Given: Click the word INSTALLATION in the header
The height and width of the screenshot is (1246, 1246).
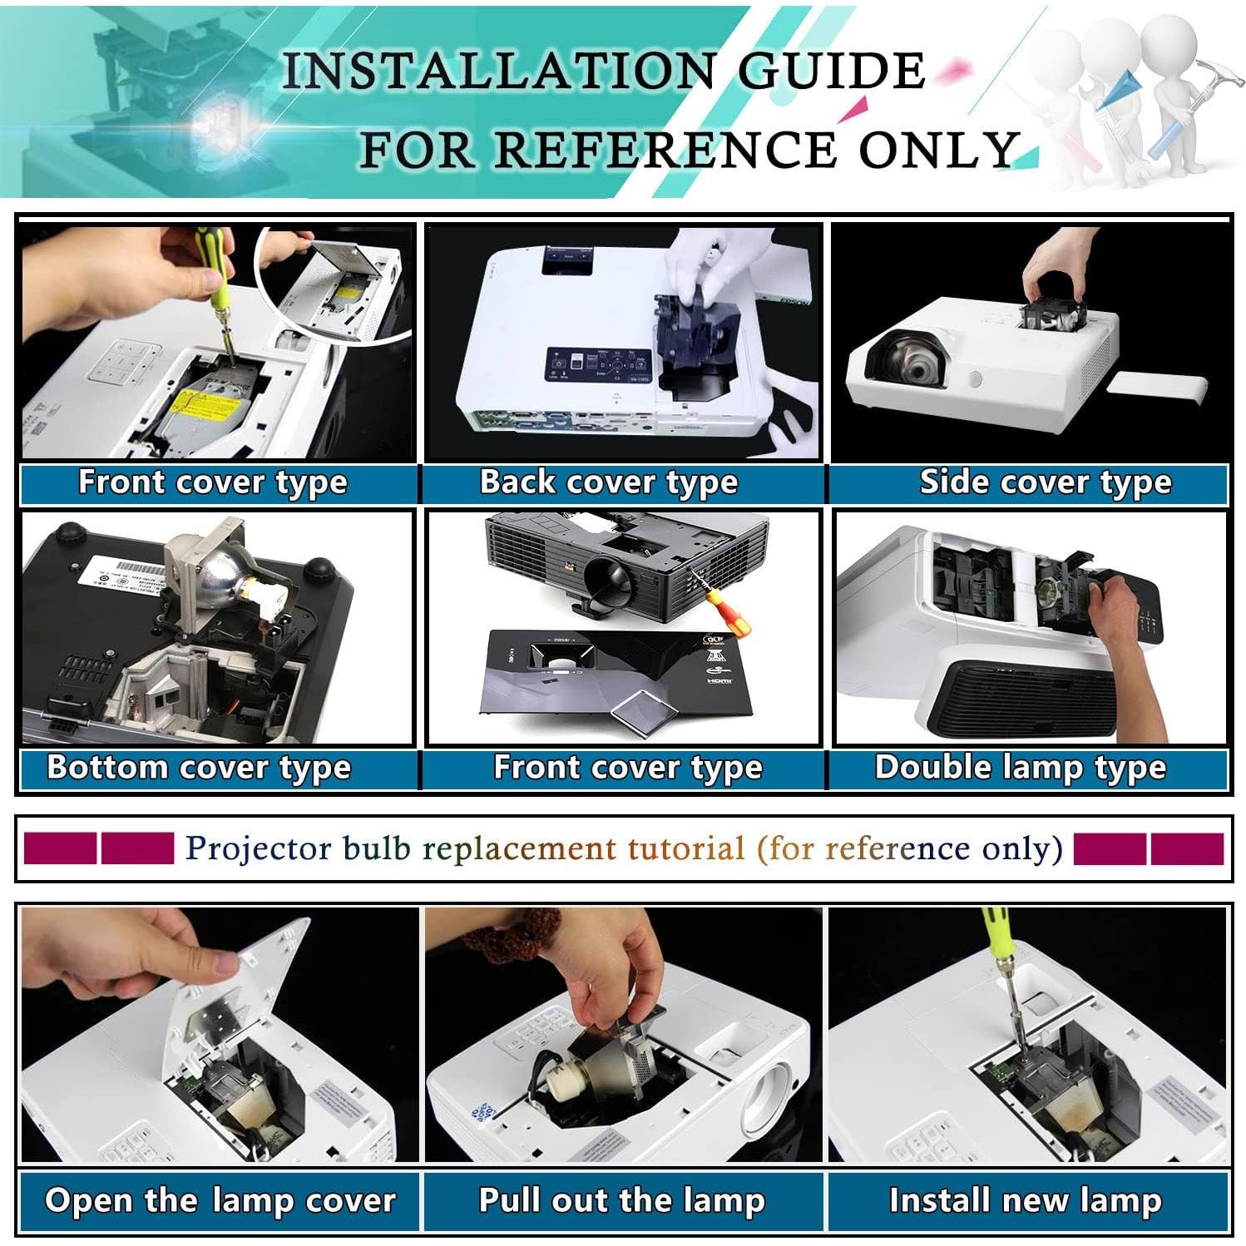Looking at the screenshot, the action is click(498, 70).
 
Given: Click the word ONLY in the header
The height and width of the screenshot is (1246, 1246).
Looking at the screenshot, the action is click(937, 151).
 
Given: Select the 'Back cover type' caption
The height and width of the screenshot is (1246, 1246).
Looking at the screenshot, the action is click(609, 482).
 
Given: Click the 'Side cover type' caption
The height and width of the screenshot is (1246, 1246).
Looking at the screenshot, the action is click(1046, 482).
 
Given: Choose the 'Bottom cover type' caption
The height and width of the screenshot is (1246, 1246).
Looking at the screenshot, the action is click(199, 768).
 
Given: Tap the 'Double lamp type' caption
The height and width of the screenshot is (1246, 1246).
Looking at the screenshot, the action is click(1021, 768).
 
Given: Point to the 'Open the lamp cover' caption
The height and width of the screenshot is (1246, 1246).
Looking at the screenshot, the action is click(220, 1200).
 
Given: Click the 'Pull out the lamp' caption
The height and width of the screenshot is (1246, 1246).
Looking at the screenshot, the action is click(622, 1200).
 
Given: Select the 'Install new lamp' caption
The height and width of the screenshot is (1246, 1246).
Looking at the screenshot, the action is click(1026, 1200).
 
